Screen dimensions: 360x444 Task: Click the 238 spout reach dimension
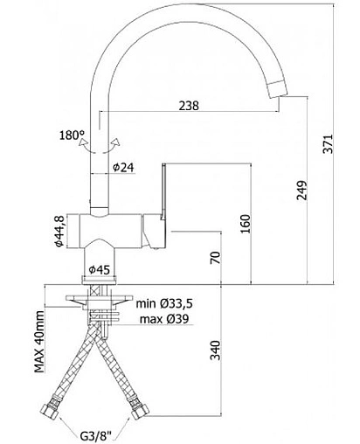point(189,106)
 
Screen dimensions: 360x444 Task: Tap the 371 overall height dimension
point(329,143)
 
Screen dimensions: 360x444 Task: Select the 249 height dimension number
point(301,191)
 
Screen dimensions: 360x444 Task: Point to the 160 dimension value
point(246,224)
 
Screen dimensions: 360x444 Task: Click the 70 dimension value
point(216,258)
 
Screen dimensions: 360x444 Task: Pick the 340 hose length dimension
point(216,350)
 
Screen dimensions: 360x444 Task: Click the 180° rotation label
point(72,135)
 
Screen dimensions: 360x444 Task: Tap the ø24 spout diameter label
point(123,167)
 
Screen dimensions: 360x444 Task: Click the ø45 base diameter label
point(100,270)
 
